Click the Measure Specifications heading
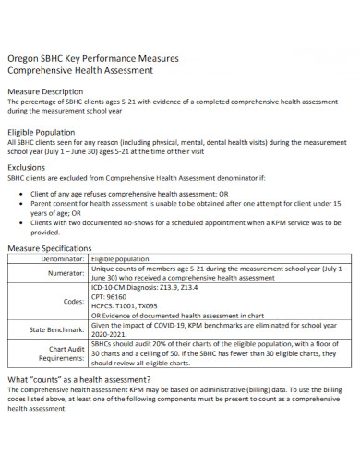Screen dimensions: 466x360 tap(50, 248)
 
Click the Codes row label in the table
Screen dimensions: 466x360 tap(74, 302)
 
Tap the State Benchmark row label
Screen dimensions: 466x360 tap(58, 329)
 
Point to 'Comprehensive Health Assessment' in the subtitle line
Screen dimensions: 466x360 tap(81, 69)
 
